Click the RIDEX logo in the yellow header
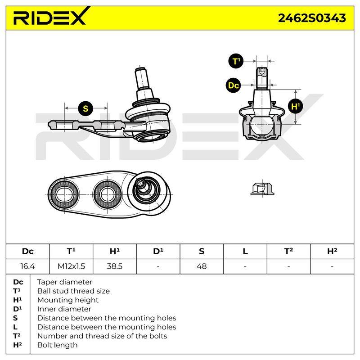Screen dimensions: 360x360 50,17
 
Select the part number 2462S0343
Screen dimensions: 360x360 312,18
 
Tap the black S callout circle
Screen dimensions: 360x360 85,108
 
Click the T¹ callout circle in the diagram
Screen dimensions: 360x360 236,61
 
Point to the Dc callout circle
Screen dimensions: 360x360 233,85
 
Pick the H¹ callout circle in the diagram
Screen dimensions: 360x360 295,106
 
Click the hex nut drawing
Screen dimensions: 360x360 262,189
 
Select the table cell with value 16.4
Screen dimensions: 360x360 27,266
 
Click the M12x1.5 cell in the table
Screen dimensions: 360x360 71,266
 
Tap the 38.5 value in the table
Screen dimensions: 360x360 115,266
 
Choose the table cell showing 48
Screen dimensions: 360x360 202,266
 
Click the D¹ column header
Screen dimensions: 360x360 158,251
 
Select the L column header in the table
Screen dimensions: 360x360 245,252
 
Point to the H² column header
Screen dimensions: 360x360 332,251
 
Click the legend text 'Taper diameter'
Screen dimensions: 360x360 64,282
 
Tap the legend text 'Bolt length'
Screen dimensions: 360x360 58,345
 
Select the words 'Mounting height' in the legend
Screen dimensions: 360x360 68,300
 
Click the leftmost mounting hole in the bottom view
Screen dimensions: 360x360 64,195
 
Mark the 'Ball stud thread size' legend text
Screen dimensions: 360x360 73,291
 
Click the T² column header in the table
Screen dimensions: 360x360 288,251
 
